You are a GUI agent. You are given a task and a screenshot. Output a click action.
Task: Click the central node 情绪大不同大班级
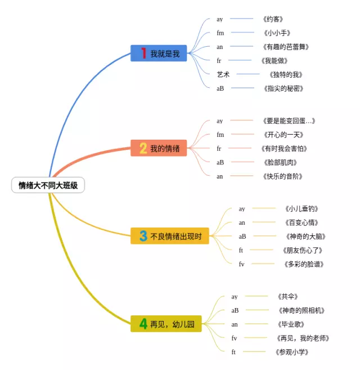48,185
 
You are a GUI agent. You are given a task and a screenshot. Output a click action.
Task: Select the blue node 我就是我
159,54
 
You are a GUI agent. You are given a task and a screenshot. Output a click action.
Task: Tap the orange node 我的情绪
159,148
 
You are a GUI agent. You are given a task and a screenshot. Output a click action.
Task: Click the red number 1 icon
143,54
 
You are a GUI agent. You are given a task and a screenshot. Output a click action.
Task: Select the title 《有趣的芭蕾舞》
286,47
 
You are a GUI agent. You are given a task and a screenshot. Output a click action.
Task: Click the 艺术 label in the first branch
223,74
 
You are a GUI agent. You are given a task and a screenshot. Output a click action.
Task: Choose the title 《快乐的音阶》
282,176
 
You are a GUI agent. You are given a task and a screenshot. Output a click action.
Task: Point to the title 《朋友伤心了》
303,250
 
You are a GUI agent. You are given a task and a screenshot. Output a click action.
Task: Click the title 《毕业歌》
291,324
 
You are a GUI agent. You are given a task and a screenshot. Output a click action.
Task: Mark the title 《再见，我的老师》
303,338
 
